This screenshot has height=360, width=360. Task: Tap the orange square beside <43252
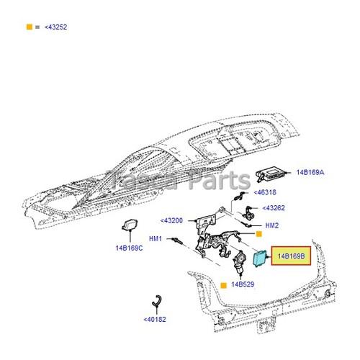(x=30, y=27)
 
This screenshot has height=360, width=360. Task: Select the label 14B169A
(x=310, y=173)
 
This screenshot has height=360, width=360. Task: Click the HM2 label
(x=271, y=225)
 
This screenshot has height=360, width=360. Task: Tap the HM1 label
(x=156, y=239)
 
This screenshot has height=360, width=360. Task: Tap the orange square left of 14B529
(x=224, y=286)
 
